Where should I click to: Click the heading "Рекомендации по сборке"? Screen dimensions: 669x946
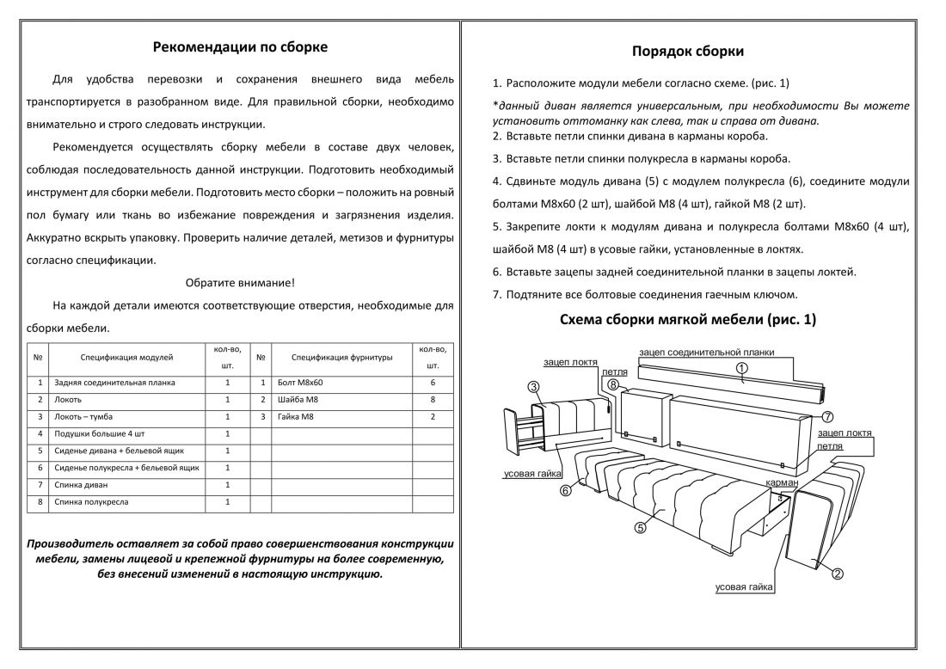pos(240,47)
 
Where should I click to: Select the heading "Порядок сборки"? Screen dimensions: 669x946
pos(688,52)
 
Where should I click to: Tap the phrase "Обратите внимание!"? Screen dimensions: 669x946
pos(240,282)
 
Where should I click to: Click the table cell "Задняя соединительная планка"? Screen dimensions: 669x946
pos(114,382)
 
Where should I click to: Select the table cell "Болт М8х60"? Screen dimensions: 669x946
pos(302,382)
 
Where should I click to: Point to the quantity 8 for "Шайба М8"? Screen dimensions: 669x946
pos(433,400)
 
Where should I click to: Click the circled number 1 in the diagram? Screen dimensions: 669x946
pos(742,368)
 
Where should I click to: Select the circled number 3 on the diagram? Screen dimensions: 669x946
pos(533,388)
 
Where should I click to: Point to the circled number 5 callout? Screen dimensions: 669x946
pos(640,528)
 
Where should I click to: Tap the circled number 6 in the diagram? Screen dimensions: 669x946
pos(565,491)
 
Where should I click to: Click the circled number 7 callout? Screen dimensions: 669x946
pos(827,416)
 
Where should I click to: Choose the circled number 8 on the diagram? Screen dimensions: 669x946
pos(613,385)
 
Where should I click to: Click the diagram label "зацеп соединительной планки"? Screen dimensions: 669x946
pos(707,353)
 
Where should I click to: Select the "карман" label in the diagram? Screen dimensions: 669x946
pos(783,484)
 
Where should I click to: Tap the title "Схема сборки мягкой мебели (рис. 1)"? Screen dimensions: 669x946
pos(687,319)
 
